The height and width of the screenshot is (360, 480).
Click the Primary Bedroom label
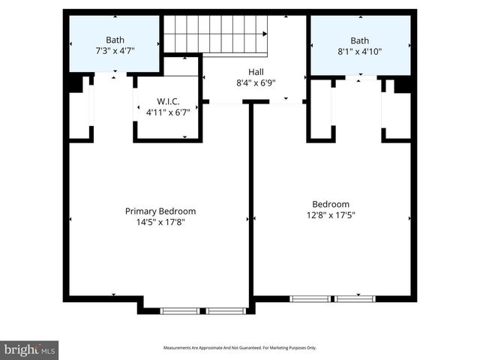click(x=160, y=211)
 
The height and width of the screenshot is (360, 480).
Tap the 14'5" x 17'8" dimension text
click(x=160, y=222)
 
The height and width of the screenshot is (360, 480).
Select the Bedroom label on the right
click(x=331, y=204)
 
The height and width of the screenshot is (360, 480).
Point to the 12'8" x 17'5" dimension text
click(x=331, y=215)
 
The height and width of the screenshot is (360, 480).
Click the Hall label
click(x=256, y=72)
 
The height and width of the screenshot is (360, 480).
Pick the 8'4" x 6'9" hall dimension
click(x=256, y=83)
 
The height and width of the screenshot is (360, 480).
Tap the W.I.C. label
click(x=166, y=101)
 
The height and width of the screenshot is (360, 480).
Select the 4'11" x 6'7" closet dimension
click(x=166, y=112)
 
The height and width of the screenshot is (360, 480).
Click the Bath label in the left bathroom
click(x=115, y=40)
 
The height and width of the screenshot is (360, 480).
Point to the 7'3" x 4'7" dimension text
click(x=115, y=51)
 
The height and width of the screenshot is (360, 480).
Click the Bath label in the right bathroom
click(x=360, y=40)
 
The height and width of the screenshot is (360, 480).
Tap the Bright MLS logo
click(x=29, y=349)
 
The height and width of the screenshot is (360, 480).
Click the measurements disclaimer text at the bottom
click(x=240, y=348)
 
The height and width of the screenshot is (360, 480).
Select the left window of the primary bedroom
click(x=180, y=310)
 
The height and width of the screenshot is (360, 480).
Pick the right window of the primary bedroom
click(x=226, y=310)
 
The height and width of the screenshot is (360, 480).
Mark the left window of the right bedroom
click(x=310, y=298)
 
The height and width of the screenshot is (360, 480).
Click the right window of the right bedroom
click(x=355, y=298)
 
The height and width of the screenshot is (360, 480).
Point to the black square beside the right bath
click(x=403, y=84)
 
